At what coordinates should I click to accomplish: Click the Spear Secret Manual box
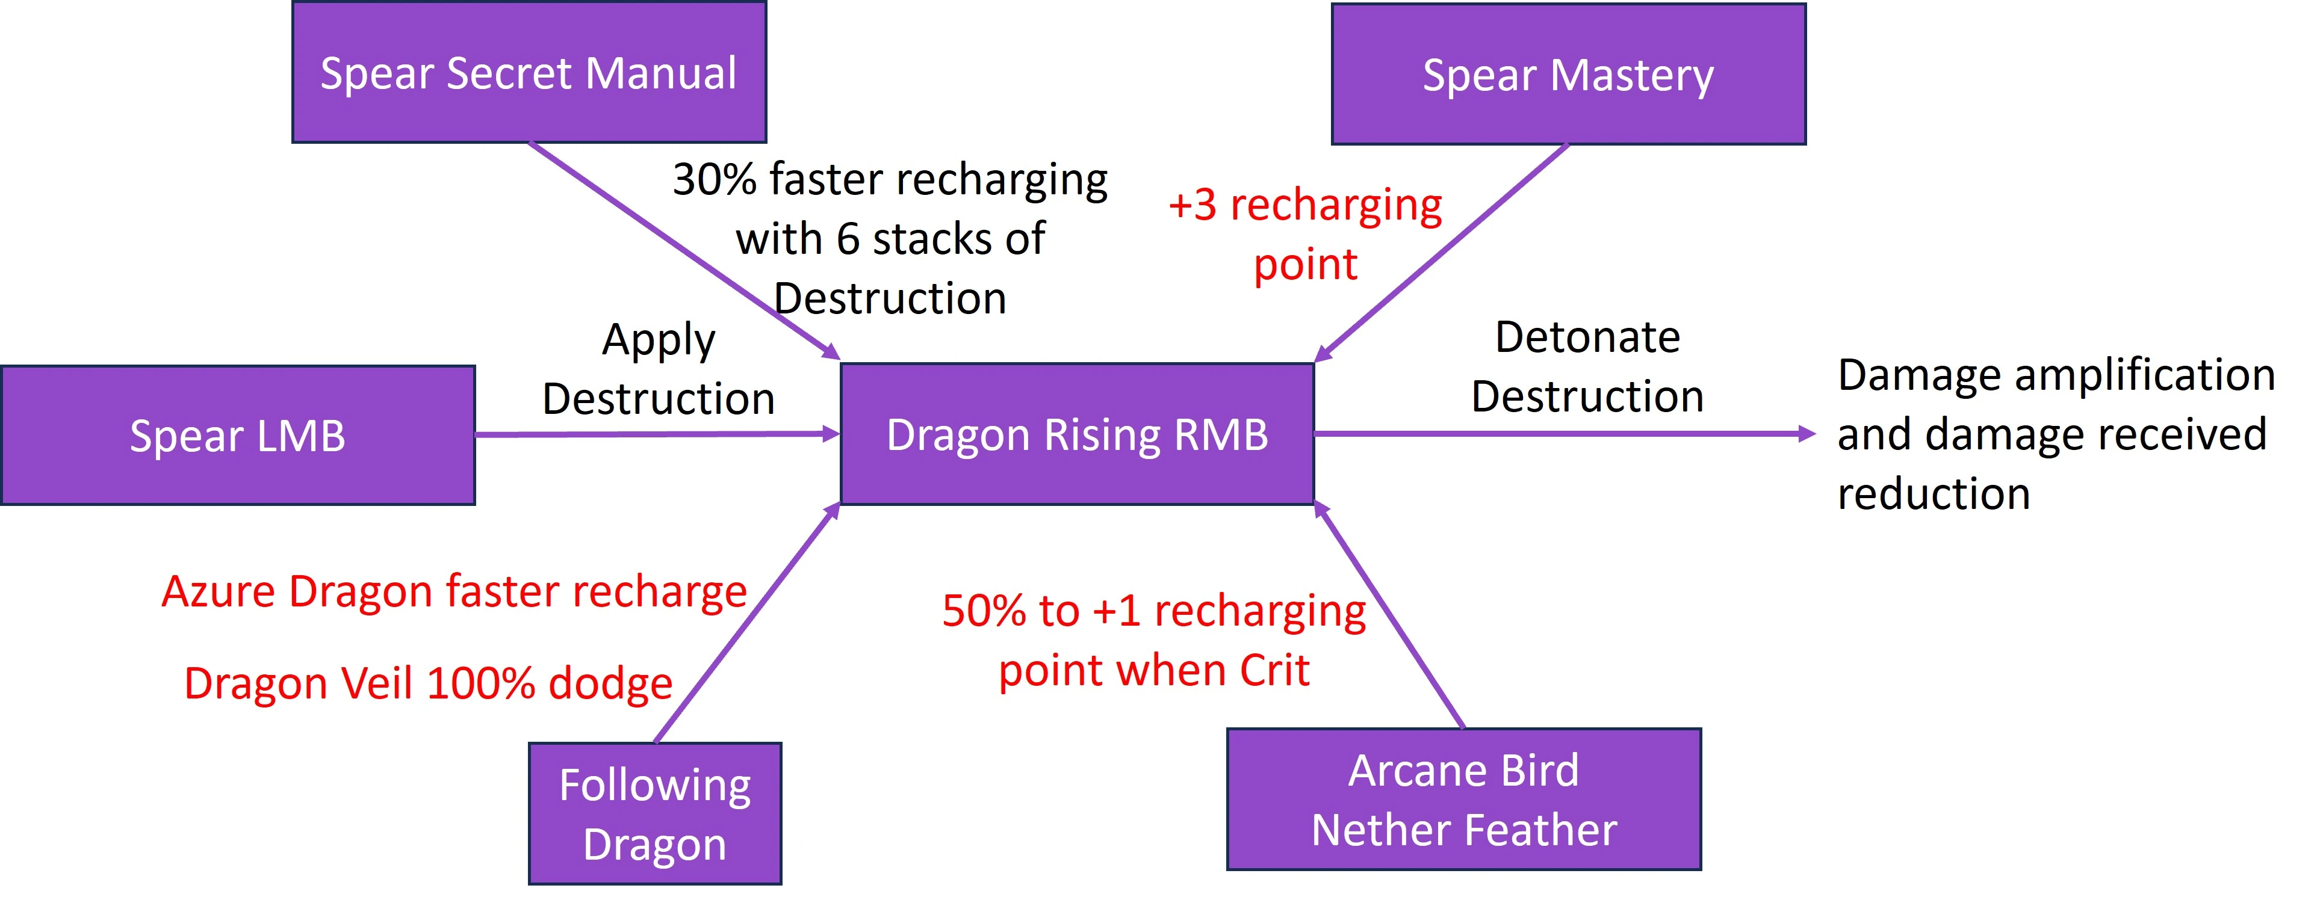tap(529, 72)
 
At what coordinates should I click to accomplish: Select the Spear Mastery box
tap(1568, 74)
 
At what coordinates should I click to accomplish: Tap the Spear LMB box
tap(238, 436)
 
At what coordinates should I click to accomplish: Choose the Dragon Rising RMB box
tap(1077, 434)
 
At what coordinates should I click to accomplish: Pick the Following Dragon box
tap(655, 814)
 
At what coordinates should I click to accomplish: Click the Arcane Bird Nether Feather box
tap(1463, 800)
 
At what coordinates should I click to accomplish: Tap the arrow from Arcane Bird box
tap(1392, 617)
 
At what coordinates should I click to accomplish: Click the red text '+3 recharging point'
tap(1305, 234)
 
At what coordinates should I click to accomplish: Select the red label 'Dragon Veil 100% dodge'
tap(428, 683)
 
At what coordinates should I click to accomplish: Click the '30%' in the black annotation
tap(714, 179)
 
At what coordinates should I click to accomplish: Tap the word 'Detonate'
tap(1587, 337)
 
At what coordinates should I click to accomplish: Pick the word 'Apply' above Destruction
tap(659, 341)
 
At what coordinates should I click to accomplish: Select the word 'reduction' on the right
tap(1933, 495)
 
